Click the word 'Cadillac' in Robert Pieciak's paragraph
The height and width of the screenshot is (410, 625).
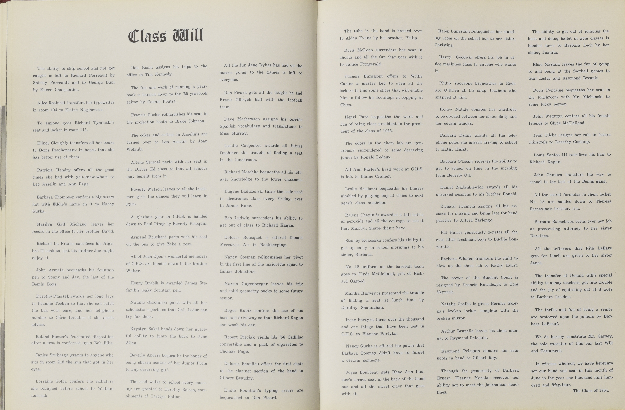pos(295,337)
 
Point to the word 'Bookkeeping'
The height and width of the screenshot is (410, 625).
pos(273,245)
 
